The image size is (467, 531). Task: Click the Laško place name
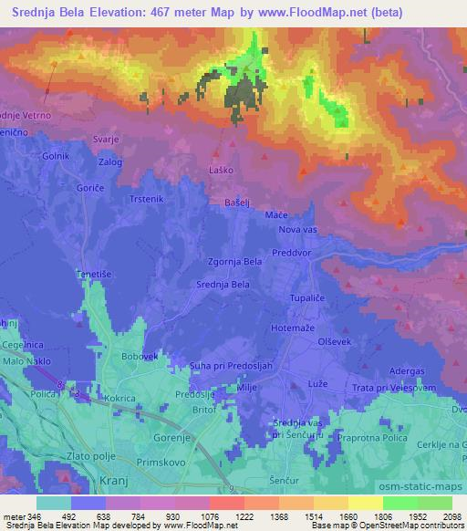(x=220, y=171)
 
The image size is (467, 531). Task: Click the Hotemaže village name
(x=294, y=327)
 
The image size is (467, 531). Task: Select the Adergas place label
(x=407, y=373)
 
